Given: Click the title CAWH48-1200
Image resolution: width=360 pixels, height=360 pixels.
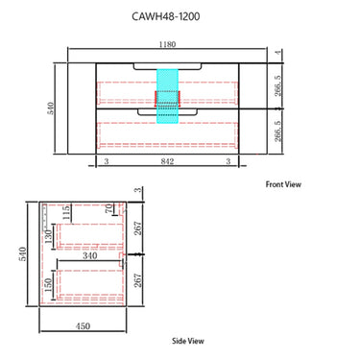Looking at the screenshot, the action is [166, 16].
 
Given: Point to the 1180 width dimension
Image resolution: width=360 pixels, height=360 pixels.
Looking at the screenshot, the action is [167, 44].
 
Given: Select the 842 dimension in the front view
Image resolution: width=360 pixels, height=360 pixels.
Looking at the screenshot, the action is [167, 161].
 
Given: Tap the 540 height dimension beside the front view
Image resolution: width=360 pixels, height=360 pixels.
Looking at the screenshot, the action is [51, 108].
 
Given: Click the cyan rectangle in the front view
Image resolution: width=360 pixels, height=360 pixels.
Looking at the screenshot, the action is [167, 96].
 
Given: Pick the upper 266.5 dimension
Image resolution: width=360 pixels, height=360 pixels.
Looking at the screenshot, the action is [277, 85].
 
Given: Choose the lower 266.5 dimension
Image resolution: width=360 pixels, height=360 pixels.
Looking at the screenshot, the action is [277, 131].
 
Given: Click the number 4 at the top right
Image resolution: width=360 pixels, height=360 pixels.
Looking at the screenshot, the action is [278, 52].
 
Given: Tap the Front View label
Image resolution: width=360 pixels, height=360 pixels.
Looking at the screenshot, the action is [283, 184].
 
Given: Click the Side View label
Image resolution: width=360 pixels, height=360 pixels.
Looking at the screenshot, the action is [188, 341].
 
